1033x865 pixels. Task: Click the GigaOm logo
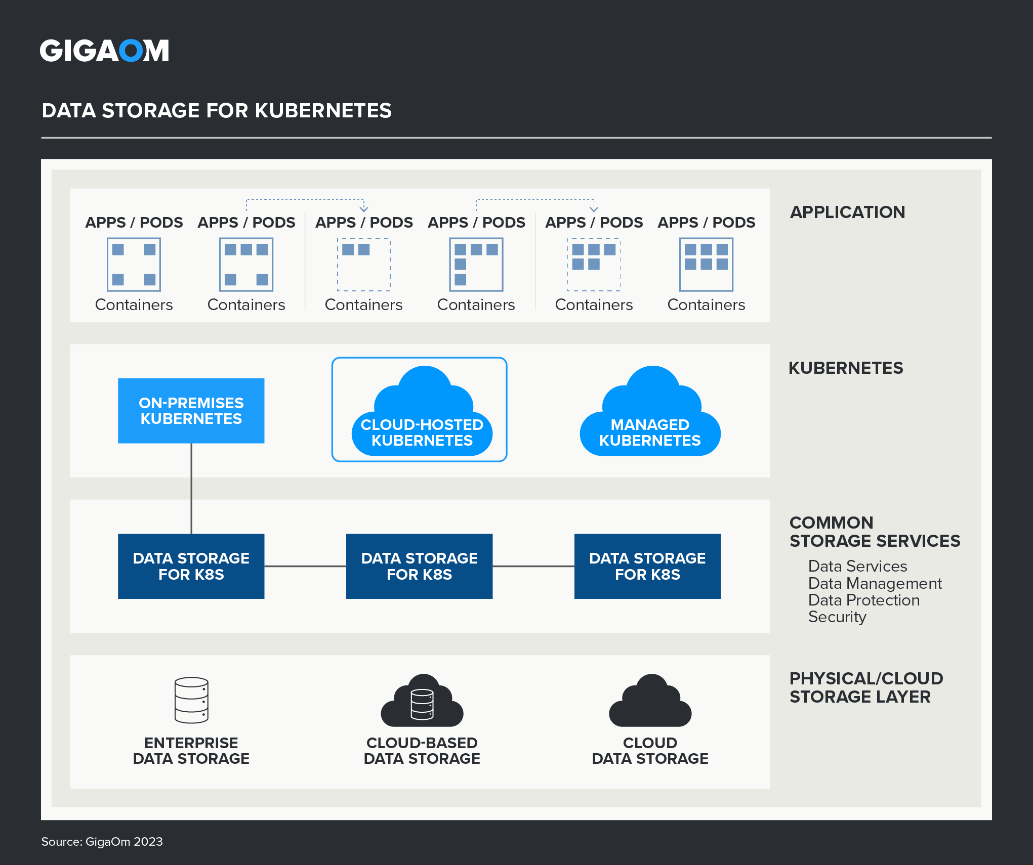(x=104, y=51)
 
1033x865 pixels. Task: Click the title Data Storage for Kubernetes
(x=217, y=111)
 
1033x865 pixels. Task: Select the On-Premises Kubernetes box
(x=191, y=411)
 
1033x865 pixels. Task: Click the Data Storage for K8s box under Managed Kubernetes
(x=647, y=566)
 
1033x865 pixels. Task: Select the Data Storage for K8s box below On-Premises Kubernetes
(x=191, y=566)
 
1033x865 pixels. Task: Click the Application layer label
(x=847, y=212)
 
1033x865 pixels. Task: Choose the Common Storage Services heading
(x=874, y=532)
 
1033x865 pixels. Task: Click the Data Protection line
(x=863, y=600)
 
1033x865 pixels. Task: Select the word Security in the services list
(x=837, y=617)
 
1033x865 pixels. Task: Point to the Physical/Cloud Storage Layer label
(x=866, y=687)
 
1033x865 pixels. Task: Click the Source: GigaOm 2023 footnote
(x=102, y=841)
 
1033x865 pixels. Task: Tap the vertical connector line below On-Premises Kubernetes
(x=191, y=488)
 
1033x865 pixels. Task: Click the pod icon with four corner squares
(x=134, y=265)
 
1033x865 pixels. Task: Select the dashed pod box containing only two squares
(x=363, y=265)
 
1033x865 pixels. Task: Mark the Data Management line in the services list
(x=875, y=583)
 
